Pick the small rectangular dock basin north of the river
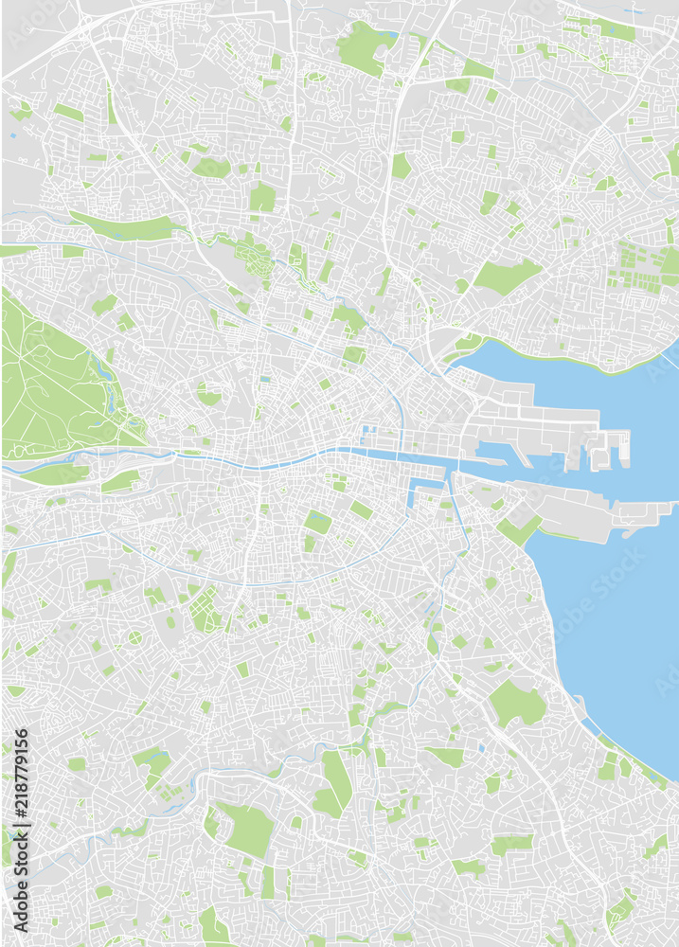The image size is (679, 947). tap(369, 435)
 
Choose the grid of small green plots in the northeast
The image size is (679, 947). tap(634, 267)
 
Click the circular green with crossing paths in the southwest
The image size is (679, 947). tap(135, 637)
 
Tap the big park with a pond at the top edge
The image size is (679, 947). tap(365, 47)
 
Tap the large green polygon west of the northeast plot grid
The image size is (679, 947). tap(507, 277)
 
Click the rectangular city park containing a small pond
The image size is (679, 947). tap(317, 522)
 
